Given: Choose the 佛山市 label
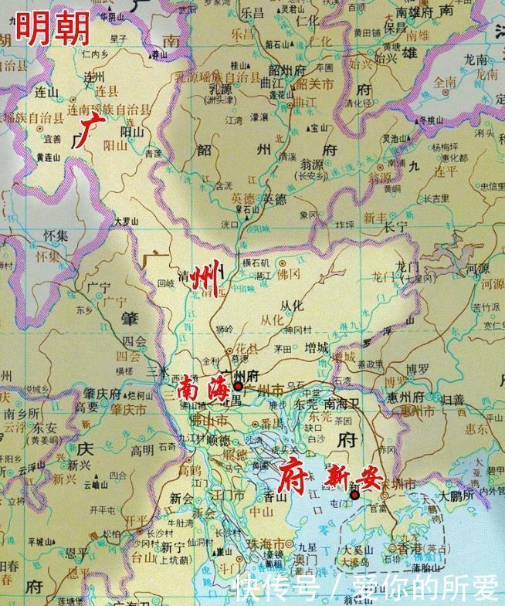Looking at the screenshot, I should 208,421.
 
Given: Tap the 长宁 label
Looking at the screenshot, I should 395,226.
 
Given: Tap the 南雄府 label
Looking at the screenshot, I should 413,12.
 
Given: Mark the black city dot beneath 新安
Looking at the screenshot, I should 354,495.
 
